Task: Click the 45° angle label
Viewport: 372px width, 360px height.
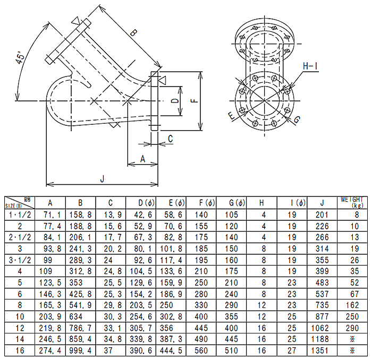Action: click(x=21, y=57)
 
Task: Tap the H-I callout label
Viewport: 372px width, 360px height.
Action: click(x=310, y=66)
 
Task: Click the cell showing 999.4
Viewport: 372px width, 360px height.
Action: click(x=80, y=350)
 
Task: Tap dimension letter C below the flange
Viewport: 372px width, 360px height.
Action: click(x=170, y=139)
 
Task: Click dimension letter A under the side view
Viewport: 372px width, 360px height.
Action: click(x=142, y=158)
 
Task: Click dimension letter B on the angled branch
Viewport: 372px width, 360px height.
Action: click(x=133, y=33)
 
